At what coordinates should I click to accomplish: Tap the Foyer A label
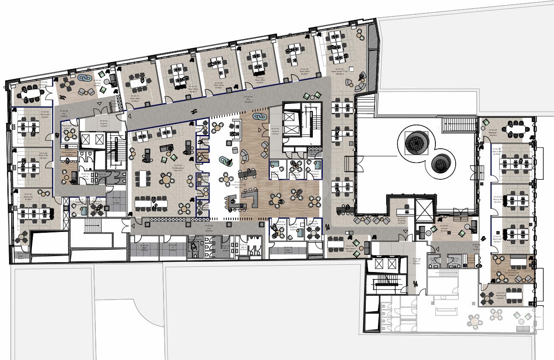click(x=104, y=122)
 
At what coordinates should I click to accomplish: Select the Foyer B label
click(x=275, y=131)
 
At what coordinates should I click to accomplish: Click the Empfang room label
click(x=401, y=221)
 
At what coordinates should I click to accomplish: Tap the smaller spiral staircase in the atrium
click(x=441, y=163)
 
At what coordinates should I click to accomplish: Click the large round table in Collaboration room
click(x=167, y=178)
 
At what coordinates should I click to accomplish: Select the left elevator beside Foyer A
click(x=86, y=140)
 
